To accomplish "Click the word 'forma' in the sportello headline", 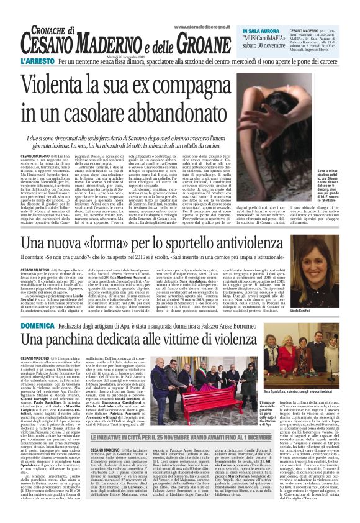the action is pos(113,245).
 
